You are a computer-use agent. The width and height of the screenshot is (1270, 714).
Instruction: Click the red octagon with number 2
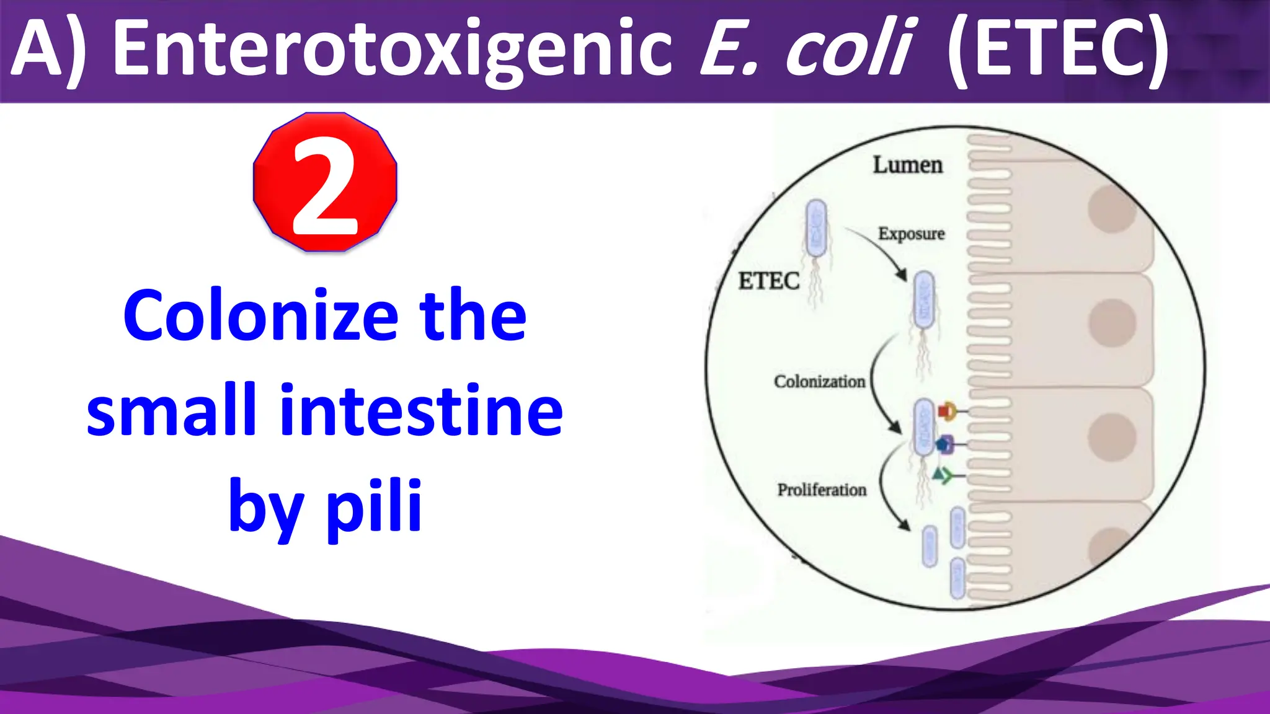coord(325,182)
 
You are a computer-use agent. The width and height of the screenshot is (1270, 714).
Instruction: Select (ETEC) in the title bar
coord(1058,50)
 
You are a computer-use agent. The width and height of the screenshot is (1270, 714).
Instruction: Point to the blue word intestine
coord(422,410)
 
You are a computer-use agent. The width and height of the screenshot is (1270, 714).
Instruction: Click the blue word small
coord(171,410)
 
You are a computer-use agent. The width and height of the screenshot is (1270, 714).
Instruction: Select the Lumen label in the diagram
coord(908,165)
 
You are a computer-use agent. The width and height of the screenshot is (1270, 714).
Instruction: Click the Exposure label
coord(911,234)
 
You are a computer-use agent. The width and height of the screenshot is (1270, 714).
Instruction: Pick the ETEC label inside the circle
coord(768,281)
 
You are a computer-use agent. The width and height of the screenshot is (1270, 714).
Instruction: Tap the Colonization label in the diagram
coord(819,382)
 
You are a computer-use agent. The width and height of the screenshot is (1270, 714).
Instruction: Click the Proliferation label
coord(822,490)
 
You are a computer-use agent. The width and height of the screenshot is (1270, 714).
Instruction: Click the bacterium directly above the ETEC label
coord(816,228)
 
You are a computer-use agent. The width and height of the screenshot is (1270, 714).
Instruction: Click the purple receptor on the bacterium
coord(944,444)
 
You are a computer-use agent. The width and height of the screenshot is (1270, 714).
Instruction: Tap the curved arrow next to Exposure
coord(881,251)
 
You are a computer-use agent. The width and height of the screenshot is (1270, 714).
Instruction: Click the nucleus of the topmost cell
coord(1112,209)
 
